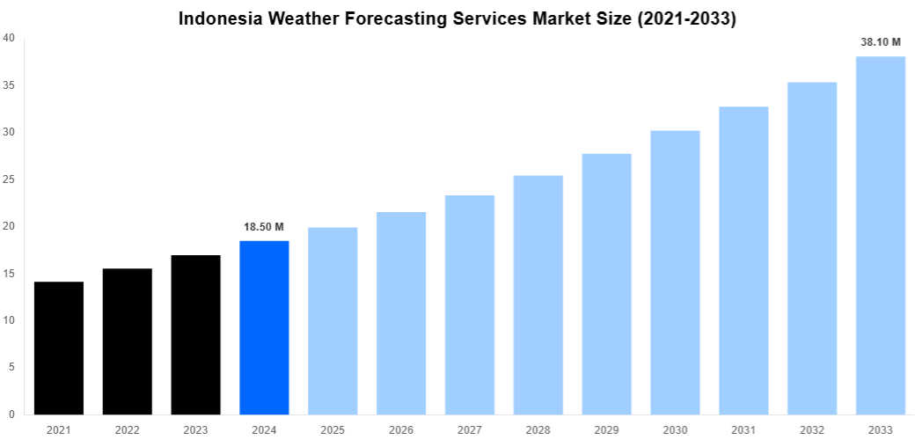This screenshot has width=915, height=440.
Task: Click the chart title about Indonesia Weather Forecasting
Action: point(457,18)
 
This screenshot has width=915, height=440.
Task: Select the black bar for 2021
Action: point(59,348)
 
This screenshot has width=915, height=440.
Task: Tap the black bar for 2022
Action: point(128,341)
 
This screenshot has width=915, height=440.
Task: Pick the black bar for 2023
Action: point(196,334)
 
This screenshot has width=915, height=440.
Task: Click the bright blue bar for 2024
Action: point(264,327)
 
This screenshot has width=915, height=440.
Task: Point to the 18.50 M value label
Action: point(264,227)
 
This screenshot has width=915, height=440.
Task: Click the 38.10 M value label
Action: point(881,41)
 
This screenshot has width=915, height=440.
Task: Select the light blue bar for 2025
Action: point(333,321)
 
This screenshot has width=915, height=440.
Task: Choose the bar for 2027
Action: point(470,304)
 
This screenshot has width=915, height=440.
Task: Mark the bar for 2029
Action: point(607,284)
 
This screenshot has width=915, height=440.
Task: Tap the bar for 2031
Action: point(743,260)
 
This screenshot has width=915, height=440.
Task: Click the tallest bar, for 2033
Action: point(881,235)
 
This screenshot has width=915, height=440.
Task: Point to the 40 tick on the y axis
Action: point(8,38)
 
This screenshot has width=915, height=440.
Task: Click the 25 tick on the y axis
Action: point(8,180)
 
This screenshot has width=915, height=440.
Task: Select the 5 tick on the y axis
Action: point(11,367)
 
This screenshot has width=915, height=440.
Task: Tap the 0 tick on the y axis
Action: point(11,414)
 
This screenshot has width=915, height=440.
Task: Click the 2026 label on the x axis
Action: point(401,429)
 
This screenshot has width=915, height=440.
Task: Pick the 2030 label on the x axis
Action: point(675,429)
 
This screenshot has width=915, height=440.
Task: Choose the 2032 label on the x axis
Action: point(812,429)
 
